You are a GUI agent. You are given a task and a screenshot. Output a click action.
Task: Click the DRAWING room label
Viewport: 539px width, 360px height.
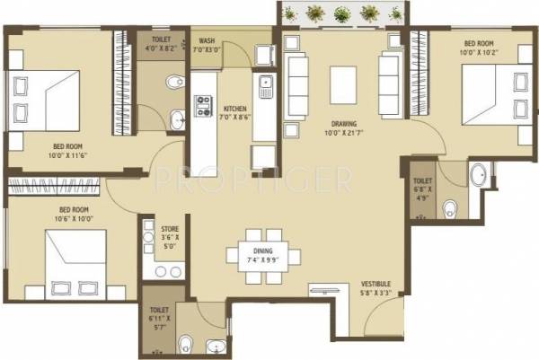click(343, 124)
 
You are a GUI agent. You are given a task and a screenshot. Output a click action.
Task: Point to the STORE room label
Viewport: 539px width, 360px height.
click(171, 229)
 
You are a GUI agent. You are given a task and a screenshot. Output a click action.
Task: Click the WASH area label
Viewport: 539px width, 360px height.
click(207, 40)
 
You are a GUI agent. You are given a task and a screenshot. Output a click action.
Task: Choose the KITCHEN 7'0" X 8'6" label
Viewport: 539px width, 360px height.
click(235, 109)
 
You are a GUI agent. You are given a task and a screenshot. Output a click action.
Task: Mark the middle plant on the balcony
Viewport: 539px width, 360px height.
click(341, 13)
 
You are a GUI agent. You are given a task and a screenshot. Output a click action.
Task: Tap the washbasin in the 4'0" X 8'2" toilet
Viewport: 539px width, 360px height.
click(177, 117)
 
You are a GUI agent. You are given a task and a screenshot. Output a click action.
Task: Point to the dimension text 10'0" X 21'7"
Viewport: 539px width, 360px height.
click(342, 133)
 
